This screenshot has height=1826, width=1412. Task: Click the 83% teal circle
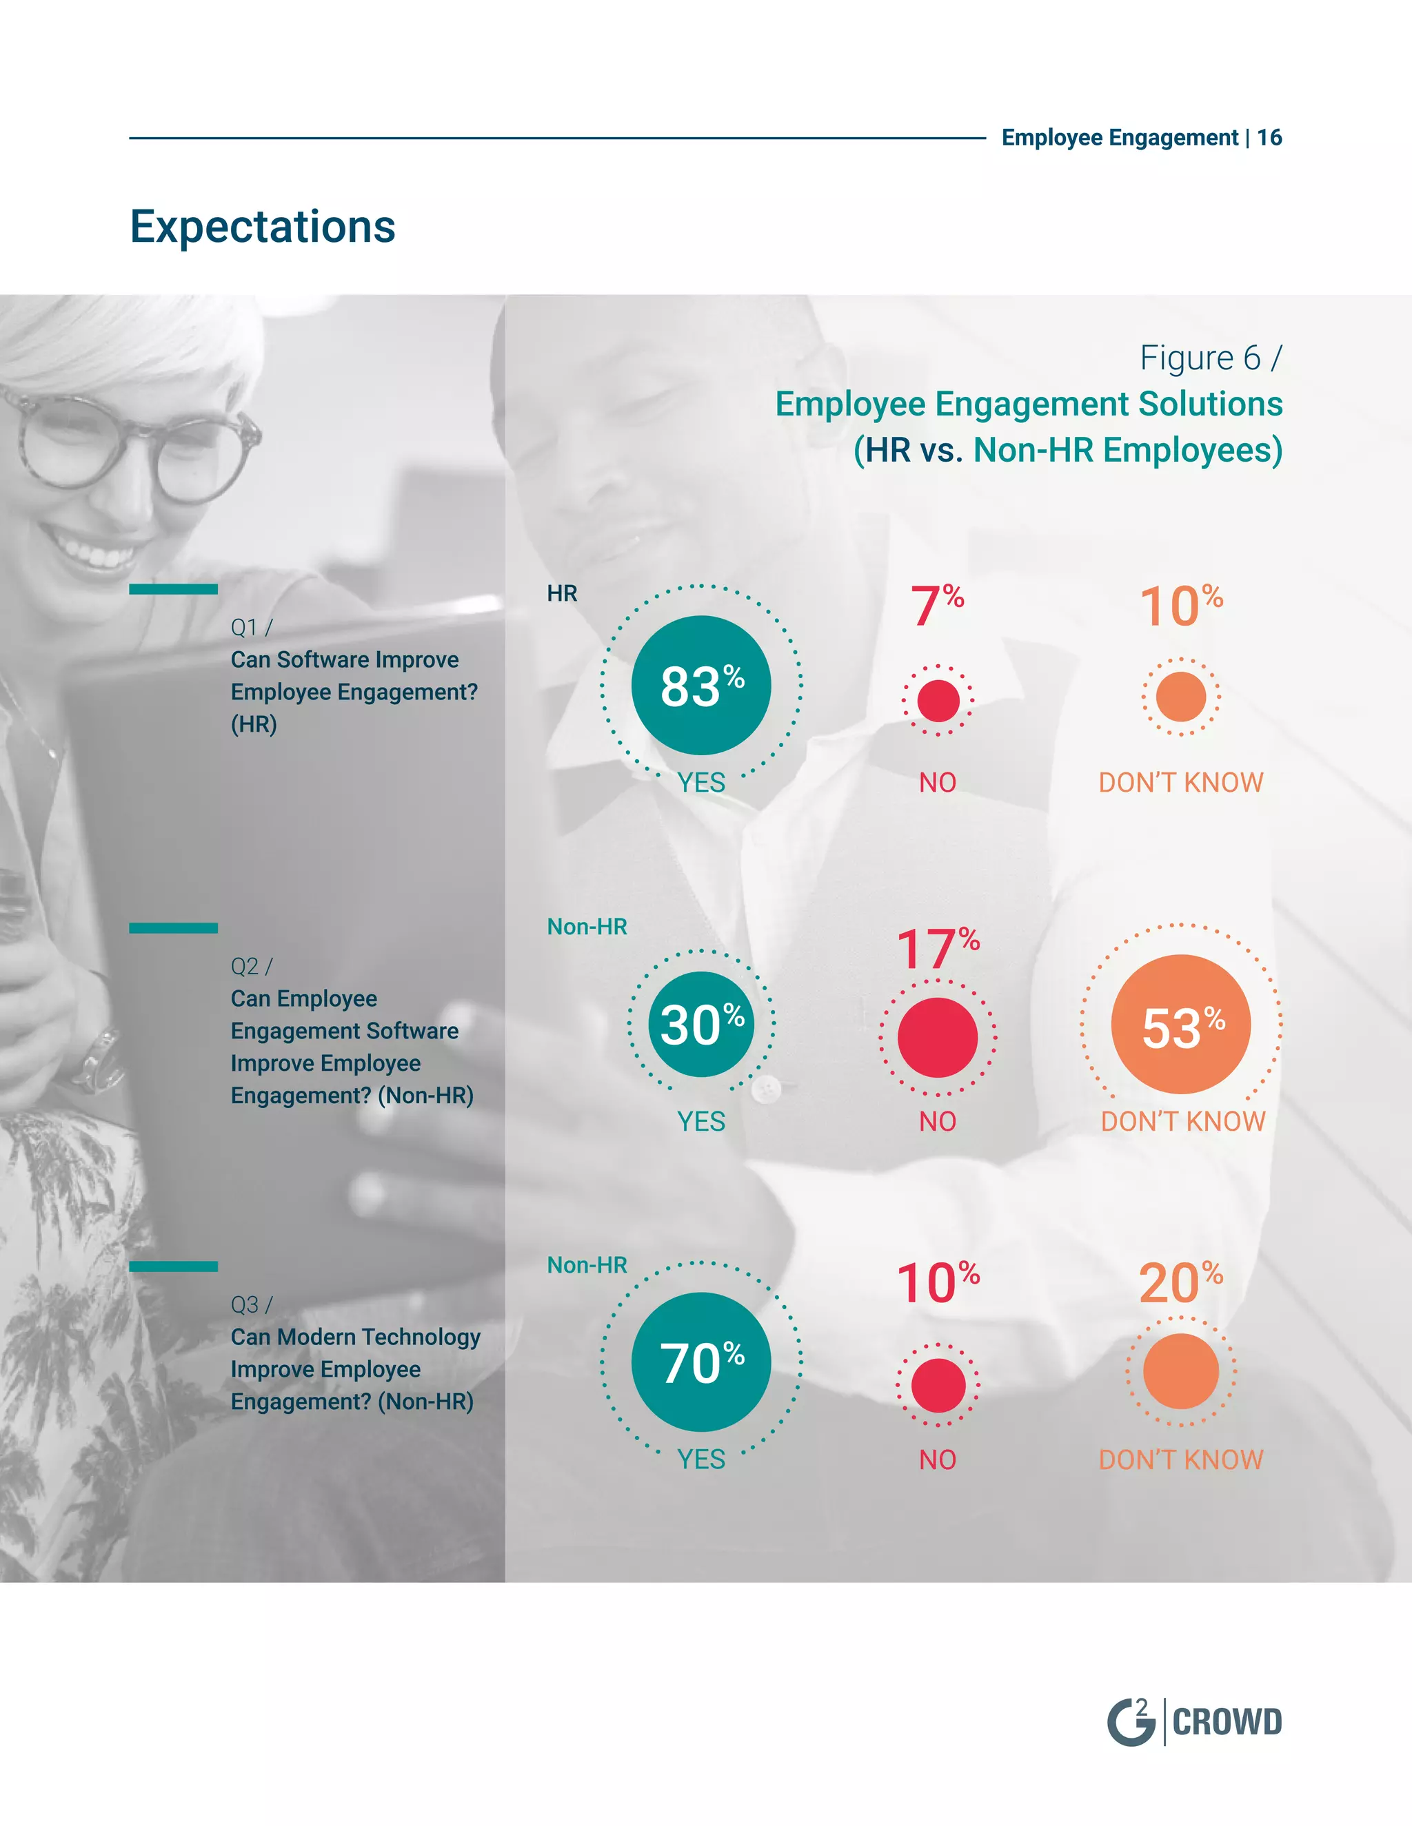click(701, 685)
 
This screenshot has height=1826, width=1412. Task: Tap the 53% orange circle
click(1180, 1024)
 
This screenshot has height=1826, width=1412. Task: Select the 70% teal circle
click(701, 1362)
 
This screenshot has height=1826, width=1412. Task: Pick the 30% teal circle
click(701, 1024)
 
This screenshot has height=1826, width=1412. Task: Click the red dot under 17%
click(937, 1038)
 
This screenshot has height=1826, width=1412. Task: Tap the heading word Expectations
click(263, 227)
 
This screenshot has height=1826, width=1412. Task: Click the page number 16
click(1269, 137)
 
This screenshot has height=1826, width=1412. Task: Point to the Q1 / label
click(252, 627)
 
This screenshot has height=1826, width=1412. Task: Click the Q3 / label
click(252, 1304)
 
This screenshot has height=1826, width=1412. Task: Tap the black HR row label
click(562, 593)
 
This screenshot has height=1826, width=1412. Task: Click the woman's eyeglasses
click(134, 451)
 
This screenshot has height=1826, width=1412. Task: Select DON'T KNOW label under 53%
click(1183, 1121)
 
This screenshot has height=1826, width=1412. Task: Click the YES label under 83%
click(701, 783)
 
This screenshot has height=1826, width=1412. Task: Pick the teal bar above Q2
click(173, 927)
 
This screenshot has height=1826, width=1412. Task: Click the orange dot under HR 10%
click(1180, 697)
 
